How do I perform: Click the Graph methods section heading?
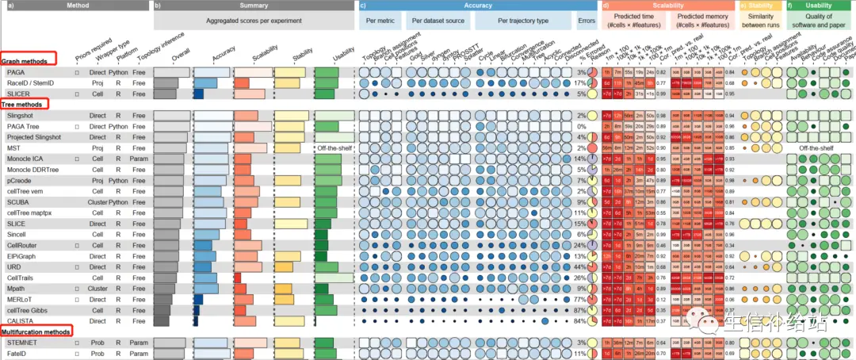(x=23, y=60)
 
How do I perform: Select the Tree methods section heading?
(x=21, y=104)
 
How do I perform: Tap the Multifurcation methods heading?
(x=36, y=331)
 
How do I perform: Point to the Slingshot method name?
(x=21, y=116)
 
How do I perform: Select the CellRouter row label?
(x=22, y=246)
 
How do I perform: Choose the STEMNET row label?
(x=21, y=343)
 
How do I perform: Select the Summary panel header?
(x=254, y=6)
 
